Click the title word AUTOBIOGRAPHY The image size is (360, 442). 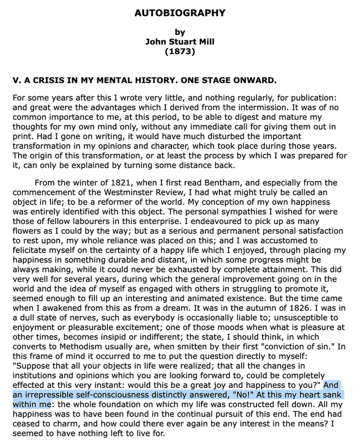click(x=179, y=12)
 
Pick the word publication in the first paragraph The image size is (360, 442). click(x=315, y=97)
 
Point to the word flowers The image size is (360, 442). click(x=29, y=231)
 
